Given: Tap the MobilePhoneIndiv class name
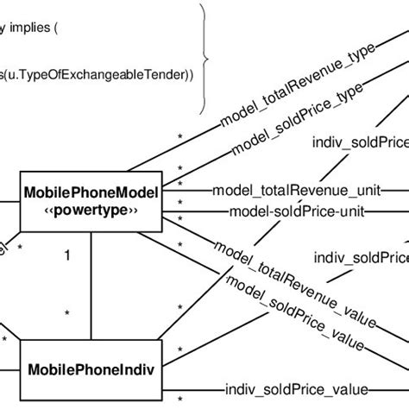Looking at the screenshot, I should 91,371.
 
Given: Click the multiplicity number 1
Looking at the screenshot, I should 66,255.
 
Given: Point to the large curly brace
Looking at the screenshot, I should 204,56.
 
